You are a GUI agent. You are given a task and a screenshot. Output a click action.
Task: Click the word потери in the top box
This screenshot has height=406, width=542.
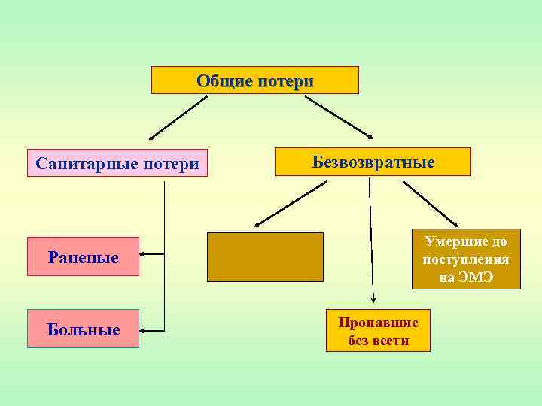click(x=285, y=80)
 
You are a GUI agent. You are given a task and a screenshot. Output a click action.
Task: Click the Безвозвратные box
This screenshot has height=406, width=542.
click(x=373, y=162)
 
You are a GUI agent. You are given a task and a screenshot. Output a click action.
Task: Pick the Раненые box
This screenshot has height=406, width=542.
click(x=83, y=257)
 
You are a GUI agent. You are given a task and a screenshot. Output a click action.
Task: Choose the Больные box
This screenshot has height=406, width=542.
click(x=83, y=329)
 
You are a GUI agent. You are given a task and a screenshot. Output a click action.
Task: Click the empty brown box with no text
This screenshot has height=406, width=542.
click(x=265, y=256)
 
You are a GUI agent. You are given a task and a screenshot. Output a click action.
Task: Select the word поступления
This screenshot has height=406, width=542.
click(x=466, y=259)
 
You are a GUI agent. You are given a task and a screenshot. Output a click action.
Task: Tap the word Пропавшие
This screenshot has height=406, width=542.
click(x=378, y=323)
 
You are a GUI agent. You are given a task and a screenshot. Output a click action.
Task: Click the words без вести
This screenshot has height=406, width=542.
click(x=378, y=341)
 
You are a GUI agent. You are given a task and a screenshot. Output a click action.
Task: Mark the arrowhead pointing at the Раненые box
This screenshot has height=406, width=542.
click(x=145, y=255)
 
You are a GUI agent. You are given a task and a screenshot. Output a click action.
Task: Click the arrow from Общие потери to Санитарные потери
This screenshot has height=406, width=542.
click(x=178, y=117)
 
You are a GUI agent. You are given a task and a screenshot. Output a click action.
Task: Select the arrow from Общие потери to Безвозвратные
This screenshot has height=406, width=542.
click(x=339, y=117)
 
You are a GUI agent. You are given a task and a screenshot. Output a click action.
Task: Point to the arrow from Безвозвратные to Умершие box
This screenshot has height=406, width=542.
click(x=430, y=203)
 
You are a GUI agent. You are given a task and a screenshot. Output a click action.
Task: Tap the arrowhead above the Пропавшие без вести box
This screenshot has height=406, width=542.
click(x=373, y=298)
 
